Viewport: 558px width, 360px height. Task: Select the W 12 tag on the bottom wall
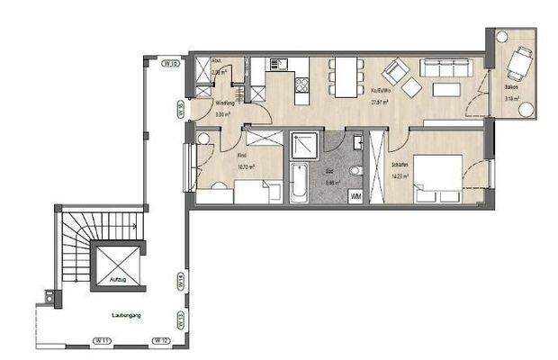tap(160, 340)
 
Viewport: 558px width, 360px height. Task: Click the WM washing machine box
tap(356, 195)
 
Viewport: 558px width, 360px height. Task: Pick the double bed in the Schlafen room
tap(437, 177)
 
